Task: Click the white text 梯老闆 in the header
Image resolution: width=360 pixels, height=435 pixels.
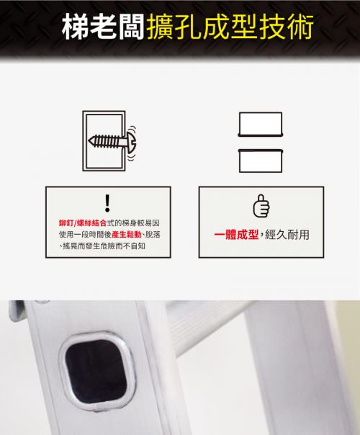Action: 103,27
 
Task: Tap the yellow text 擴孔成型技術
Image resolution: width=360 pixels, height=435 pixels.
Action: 230,27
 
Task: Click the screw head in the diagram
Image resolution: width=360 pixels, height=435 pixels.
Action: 132,141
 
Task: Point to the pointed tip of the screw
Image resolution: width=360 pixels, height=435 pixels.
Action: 89,141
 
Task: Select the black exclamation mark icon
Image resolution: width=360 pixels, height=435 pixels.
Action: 107,203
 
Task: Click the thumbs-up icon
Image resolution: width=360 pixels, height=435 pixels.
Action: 261,206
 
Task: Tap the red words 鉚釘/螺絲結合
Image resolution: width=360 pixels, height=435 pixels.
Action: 83,223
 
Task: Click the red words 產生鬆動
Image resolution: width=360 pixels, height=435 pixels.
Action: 127,235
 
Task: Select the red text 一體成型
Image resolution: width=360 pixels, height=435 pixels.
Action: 236,235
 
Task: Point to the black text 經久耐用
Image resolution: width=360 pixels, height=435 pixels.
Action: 287,235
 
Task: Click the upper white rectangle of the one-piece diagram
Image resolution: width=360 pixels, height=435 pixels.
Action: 261,125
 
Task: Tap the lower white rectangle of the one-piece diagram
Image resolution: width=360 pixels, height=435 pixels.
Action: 261,161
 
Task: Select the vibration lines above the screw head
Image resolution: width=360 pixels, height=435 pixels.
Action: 133,130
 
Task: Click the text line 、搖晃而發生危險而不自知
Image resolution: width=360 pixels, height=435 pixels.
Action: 102,246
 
